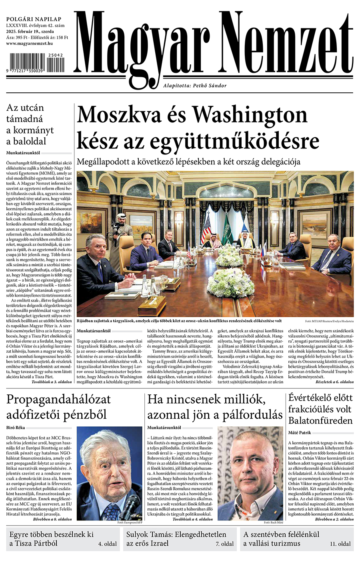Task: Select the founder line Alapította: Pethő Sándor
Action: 195,86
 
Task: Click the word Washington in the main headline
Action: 250,115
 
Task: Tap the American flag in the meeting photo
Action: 206,229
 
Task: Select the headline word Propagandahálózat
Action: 59,399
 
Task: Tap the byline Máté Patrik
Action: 300,432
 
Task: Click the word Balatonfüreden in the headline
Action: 320,420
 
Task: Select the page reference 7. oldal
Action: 225,544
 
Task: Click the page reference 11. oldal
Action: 340,544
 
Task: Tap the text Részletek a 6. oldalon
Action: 334,382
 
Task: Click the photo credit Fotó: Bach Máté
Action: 273,522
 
